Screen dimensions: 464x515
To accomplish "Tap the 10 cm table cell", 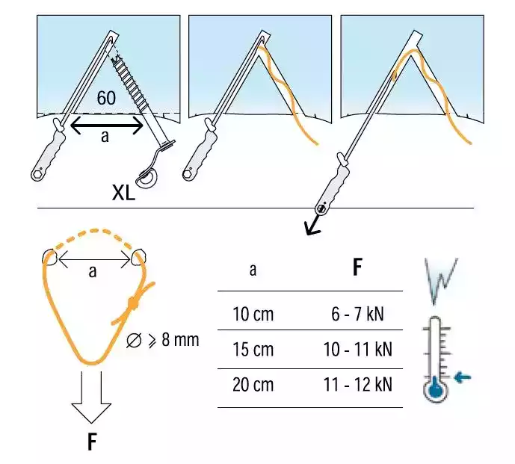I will coord(253,314).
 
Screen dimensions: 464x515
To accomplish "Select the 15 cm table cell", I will coord(253,349).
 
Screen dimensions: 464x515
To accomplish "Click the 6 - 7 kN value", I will coord(359,314).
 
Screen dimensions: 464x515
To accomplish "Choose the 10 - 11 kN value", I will coord(359,349).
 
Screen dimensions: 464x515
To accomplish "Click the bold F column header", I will coord(358,268).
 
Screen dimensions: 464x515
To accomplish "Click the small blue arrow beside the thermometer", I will coord(463,377).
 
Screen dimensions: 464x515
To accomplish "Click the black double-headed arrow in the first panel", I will coord(106,126).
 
